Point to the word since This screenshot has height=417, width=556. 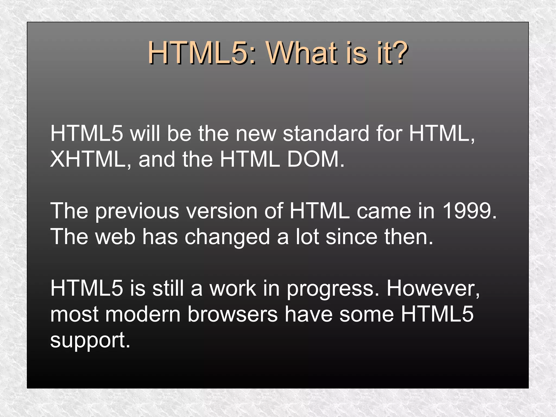point(351,236)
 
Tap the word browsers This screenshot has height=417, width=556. point(232,314)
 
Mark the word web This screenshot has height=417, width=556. point(115,236)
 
